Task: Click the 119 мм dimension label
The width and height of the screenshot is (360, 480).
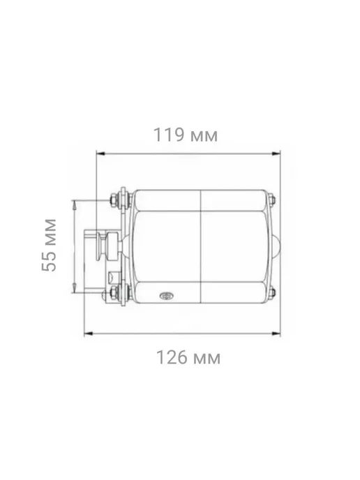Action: click(x=186, y=135)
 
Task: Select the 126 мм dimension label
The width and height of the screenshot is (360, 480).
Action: click(x=188, y=357)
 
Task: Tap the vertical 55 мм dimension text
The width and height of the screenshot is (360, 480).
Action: click(x=49, y=245)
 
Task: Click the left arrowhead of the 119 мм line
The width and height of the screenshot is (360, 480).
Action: click(x=100, y=153)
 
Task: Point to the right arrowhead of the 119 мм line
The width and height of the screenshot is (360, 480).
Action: click(x=276, y=153)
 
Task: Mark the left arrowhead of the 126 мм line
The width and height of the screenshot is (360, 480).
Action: click(x=89, y=333)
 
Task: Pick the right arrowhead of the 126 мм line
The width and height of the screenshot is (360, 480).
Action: click(x=276, y=333)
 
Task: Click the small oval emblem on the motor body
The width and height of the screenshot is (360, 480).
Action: click(x=167, y=296)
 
